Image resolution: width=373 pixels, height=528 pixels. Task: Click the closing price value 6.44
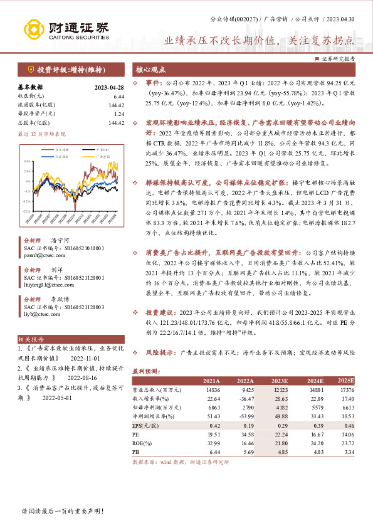(x=118, y=96)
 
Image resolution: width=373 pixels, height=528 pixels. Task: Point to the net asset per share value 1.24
(x=119, y=114)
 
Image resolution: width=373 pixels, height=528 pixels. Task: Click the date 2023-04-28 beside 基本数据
(x=110, y=87)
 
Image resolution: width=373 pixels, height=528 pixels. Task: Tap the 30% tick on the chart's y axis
(x=26, y=161)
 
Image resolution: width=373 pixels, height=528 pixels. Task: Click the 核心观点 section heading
(x=152, y=70)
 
